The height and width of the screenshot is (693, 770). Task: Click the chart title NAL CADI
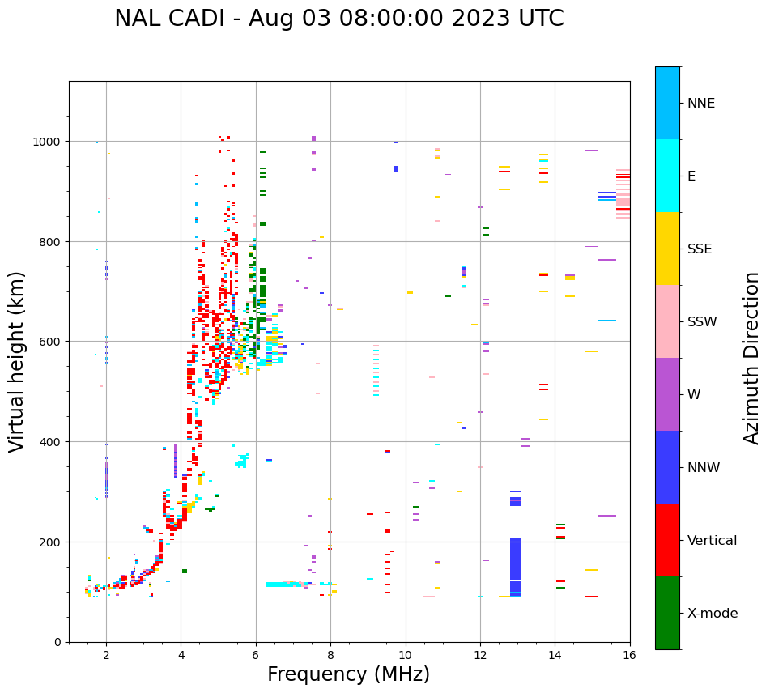(x=338, y=19)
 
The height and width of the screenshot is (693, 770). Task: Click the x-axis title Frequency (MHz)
(x=348, y=674)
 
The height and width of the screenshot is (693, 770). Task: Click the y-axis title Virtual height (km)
(x=17, y=361)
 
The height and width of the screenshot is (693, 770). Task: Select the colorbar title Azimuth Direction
(x=751, y=358)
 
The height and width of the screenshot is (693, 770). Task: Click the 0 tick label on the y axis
(x=57, y=642)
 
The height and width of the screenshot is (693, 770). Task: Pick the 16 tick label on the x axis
(x=630, y=655)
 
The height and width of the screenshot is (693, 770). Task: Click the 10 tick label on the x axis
(x=405, y=655)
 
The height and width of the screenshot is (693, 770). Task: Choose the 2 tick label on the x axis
(x=106, y=655)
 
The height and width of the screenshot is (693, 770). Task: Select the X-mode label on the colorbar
(x=713, y=614)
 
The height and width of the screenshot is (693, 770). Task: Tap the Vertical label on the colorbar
(x=713, y=541)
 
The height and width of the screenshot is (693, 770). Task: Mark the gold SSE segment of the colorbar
(x=667, y=249)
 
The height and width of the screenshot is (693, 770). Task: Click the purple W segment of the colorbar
(x=667, y=394)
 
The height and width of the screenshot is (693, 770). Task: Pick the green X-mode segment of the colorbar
(x=667, y=613)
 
